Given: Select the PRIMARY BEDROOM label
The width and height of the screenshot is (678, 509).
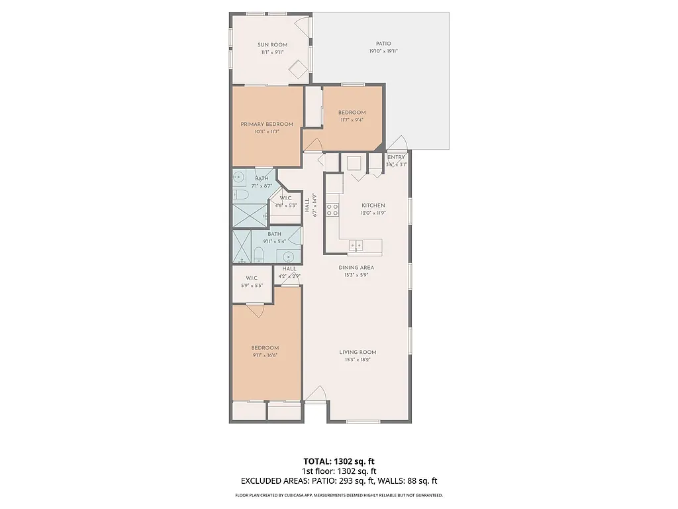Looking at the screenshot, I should click(266, 124).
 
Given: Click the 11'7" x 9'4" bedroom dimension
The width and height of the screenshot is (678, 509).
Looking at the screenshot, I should click(352, 120).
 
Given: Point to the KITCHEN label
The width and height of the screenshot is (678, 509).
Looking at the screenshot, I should click(373, 206).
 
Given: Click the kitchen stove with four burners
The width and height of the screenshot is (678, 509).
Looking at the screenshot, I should click(333, 210).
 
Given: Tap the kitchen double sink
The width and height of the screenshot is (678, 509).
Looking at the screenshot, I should click(356, 246).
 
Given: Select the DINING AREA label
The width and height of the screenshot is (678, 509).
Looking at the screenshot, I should click(356, 268).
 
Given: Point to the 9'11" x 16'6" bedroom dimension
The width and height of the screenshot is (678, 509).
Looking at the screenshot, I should click(264, 355).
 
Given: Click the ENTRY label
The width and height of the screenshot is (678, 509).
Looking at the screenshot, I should click(396, 157).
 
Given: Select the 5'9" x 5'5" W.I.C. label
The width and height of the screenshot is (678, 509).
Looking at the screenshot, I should click(252, 278).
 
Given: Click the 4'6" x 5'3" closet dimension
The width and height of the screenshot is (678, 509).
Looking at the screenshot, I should click(285, 205).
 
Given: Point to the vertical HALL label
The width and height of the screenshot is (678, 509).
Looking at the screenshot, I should click(308, 205).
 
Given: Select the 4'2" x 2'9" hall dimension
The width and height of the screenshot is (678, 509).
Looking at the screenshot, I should click(289, 276).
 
